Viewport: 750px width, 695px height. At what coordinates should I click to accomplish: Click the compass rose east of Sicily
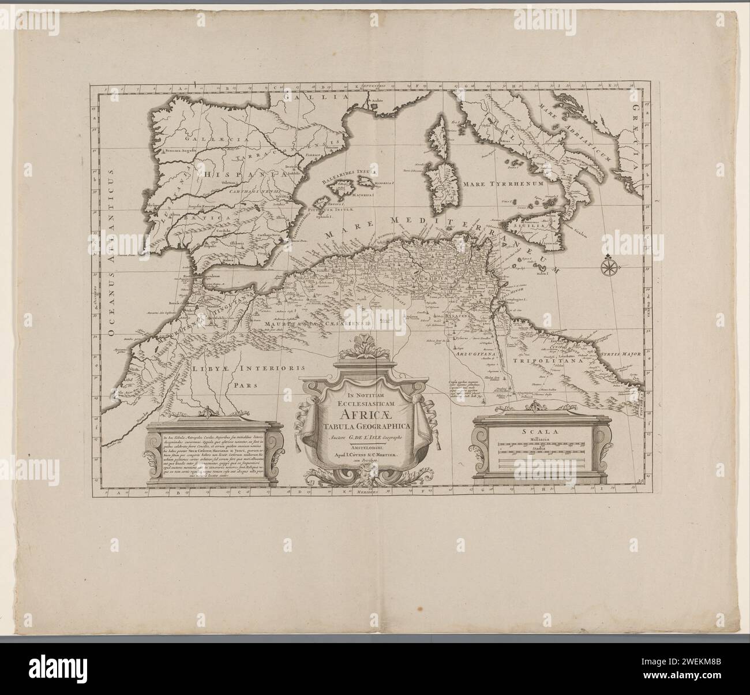pos(608,267)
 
